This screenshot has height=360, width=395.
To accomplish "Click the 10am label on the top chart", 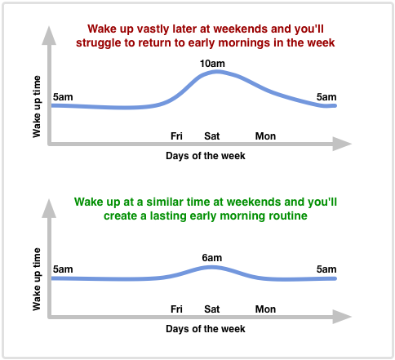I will click(x=212, y=63).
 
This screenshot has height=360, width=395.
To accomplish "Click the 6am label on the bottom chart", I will click(x=212, y=258).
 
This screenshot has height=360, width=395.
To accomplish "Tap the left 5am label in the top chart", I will click(x=62, y=98).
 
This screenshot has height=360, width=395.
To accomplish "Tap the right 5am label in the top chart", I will click(x=326, y=98).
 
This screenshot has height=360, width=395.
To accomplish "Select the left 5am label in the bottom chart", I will click(x=62, y=269).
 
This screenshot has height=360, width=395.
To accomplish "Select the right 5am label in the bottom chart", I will click(x=326, y=269).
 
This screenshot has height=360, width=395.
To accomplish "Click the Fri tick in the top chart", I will click(x=176, y=136).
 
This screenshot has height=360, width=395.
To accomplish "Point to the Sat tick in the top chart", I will click(x=212, y=136).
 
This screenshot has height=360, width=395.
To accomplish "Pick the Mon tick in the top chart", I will click(x=265, y=136).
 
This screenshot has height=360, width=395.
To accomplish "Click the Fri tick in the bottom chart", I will click(x=176, y=309).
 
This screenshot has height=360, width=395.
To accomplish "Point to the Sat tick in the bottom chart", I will click(x=212, y=309).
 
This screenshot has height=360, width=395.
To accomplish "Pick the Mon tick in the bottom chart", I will click(x=265, y=309).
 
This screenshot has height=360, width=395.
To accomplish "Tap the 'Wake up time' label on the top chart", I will click(x=38, y=107).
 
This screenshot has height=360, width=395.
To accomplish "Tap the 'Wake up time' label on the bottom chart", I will click(x=38, y=280).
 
